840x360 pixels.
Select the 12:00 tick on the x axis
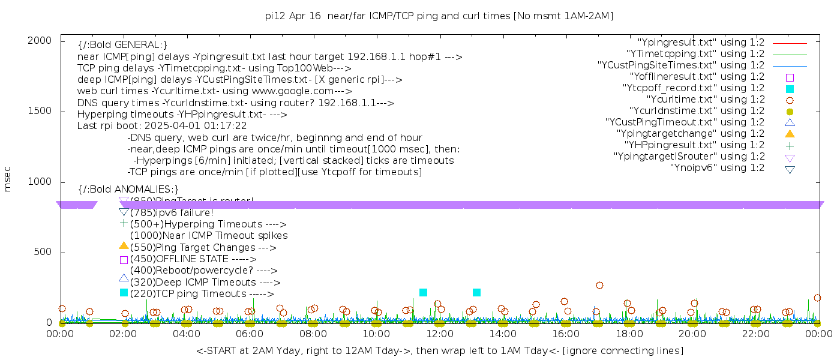[x=439, y=333]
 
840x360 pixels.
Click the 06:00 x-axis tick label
[x=250, y=333]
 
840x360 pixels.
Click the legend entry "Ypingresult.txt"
[x=701, y=43]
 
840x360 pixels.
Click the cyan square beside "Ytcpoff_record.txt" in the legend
[x=790, y=89]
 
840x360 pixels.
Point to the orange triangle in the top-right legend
[x=790, y=133]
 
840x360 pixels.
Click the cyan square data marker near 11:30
[x=423, y=292]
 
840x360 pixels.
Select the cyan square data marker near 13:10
[x=476, y=292]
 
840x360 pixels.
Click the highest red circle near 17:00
[x=599, y=285]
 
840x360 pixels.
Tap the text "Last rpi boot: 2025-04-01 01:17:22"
[x=162, y=126]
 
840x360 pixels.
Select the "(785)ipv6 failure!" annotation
[x=172, y=212]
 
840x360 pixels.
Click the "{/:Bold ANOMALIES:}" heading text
[x=128, y=190]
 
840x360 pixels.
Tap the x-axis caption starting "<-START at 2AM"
[x=439, y=350]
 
